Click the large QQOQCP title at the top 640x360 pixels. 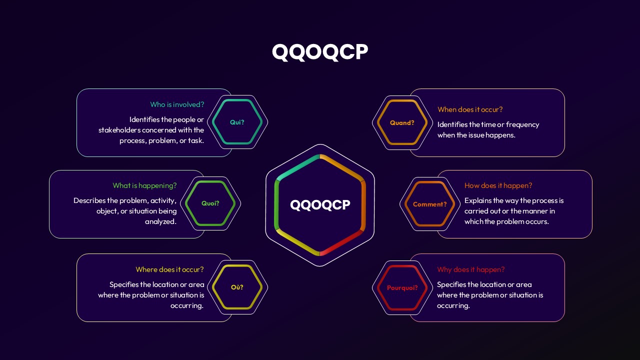click(x=320, y=52)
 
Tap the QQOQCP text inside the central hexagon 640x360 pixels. click(x=320, y=205)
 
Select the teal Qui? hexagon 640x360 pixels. click(x=237, y=122)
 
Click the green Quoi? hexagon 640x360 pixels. click(x=210, y=203)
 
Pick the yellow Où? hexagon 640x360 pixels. click(x=237, y=287)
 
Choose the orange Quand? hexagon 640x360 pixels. click(x=402, y=123)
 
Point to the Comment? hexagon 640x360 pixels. click(x=430, y=204)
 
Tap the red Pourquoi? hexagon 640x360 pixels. click(x=402, y=288)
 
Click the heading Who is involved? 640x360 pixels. click(x=177, y=104)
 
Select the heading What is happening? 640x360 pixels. click(x=144, y=185)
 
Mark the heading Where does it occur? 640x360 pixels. click(x=169, y=269)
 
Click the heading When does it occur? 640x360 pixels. click(x=470, y=109)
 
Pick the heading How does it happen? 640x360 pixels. click(x=498, y=185)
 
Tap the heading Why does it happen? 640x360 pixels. click(x=470, y=269)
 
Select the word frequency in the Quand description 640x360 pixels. click(x=522, y=124)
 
